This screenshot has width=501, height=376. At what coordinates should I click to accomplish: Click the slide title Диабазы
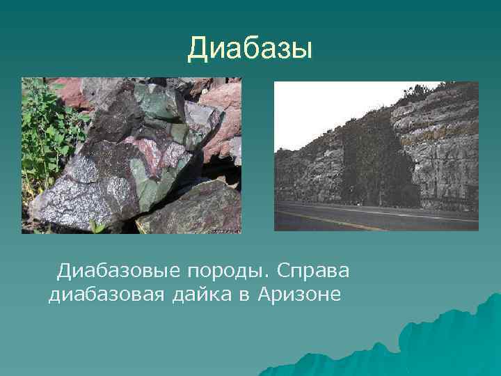(250, 49)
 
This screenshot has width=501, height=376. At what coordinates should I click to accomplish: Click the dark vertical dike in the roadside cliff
(376, 167)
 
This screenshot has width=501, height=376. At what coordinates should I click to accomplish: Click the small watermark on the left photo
(223, 228)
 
